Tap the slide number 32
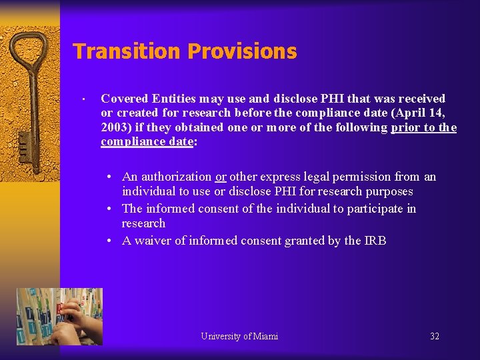[x=435, y=336]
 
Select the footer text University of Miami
[x=239, y=336]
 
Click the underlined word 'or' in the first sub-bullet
[x=221, y=177]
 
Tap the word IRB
[x=375, y=241]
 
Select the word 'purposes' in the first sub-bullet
[x=389, y=191]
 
